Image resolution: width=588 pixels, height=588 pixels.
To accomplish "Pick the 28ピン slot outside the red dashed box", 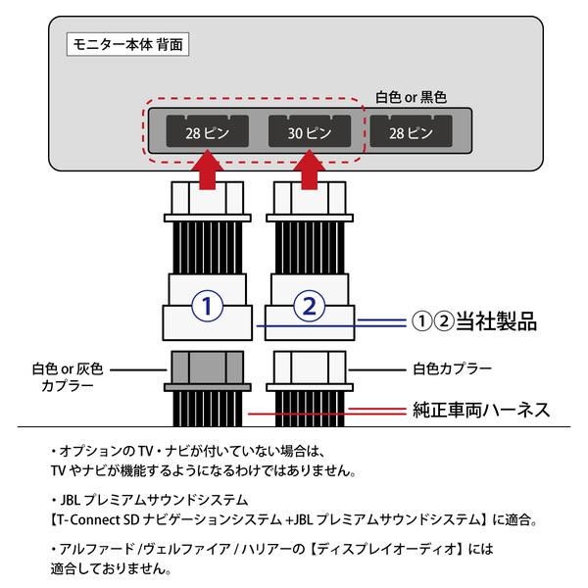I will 412,130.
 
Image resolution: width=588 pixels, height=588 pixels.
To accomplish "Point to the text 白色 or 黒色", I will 412,98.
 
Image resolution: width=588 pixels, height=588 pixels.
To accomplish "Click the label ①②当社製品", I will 471,321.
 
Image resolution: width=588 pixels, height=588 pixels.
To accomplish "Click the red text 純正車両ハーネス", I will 479,411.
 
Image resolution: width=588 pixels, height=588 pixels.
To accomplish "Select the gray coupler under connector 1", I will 207,372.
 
